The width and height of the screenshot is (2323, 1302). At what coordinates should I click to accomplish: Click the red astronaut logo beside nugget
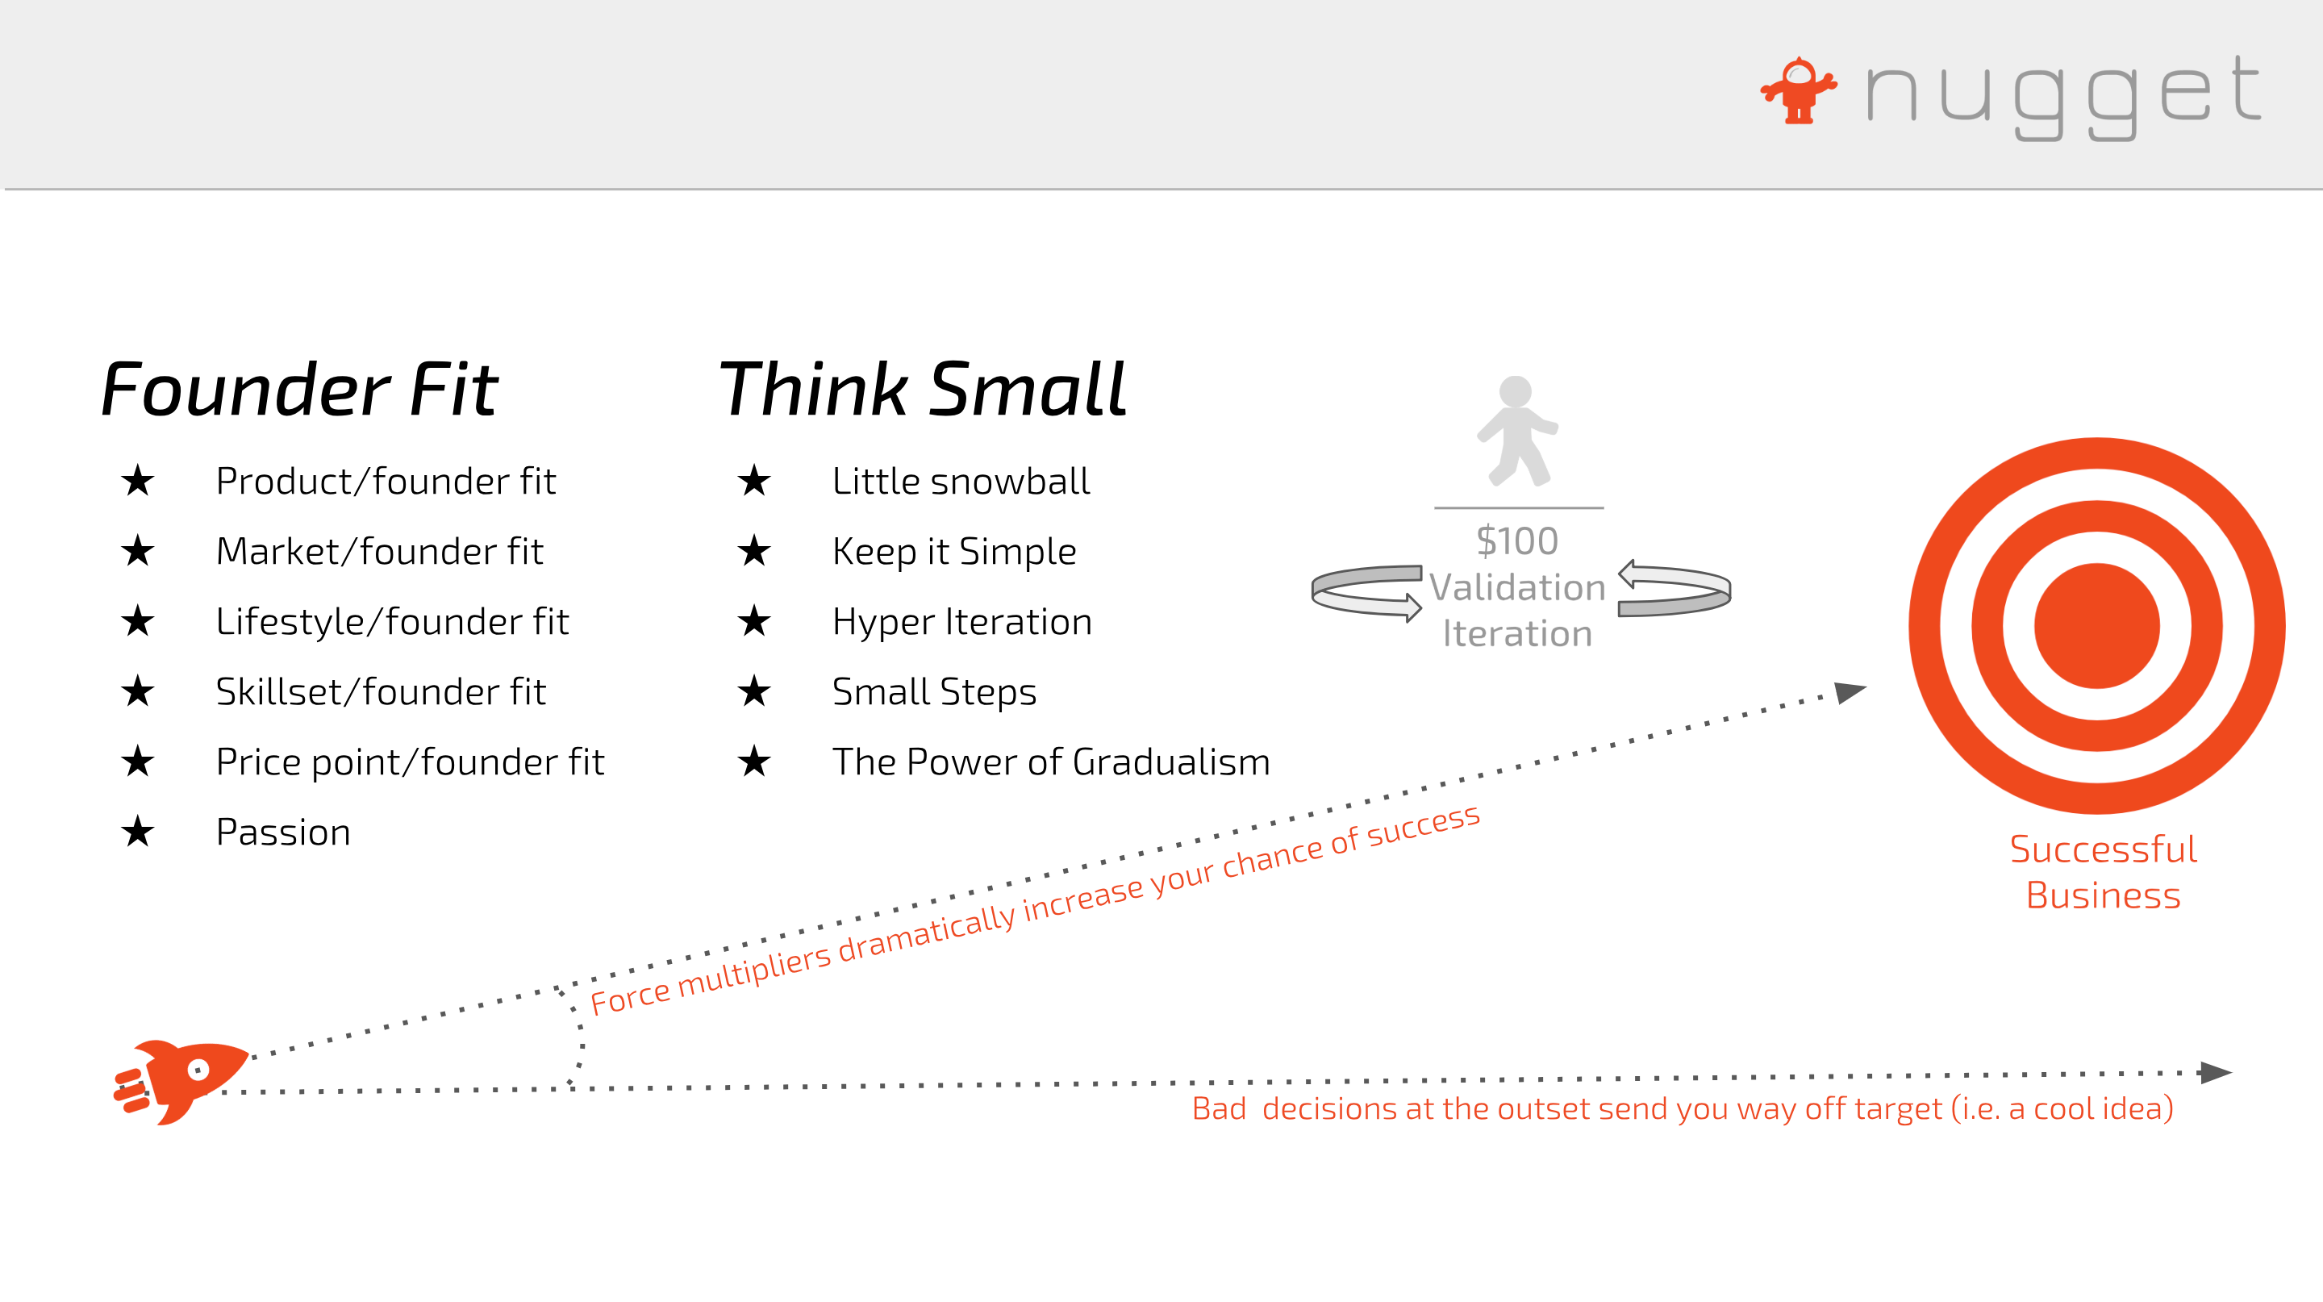1799,90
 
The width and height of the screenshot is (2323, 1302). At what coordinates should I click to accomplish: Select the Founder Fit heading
299,389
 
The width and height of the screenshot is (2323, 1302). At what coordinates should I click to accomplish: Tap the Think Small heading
923,389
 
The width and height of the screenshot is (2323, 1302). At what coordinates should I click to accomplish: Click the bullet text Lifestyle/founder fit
392,621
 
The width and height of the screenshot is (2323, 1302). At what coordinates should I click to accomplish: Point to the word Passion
283,832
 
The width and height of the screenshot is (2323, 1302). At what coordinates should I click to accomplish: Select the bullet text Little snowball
961,481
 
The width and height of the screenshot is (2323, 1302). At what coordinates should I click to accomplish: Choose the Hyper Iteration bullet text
962,621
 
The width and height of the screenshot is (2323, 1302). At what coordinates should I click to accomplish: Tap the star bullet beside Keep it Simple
754,550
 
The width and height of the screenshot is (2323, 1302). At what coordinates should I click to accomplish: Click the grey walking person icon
1518,431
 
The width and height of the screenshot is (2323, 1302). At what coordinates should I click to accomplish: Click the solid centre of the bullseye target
2096,626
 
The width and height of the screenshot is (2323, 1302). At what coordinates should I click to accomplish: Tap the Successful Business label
2103,872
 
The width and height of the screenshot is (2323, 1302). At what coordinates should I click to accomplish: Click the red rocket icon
181,1081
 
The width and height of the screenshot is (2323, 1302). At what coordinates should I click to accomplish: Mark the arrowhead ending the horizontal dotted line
2216,1072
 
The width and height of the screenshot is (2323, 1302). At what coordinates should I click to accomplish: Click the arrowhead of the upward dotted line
1850,691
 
